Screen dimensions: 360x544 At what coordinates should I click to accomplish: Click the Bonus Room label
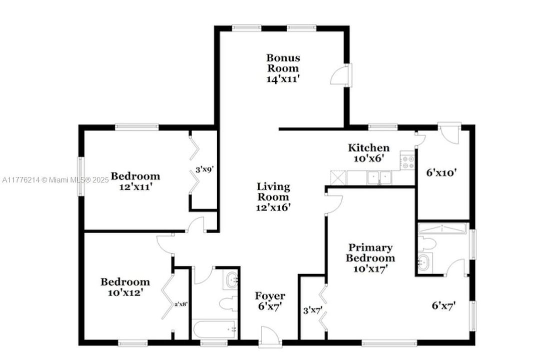[283, 63]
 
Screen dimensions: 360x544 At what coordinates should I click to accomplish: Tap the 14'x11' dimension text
[283, 78]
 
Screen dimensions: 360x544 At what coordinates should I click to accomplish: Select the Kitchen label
[368, 147]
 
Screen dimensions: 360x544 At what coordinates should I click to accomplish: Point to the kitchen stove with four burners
[407, 162]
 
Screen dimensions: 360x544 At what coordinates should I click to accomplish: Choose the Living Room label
[273, 191]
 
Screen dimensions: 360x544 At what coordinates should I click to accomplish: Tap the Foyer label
[270, 296]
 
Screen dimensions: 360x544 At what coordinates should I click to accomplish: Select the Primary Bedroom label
[371, 252]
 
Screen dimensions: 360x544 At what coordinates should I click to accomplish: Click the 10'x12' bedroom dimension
[125, 292]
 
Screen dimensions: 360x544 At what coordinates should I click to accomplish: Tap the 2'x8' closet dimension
[181, 303]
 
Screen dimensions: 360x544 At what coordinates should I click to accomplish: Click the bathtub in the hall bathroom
[214, 329]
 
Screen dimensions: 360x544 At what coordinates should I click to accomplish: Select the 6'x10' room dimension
[440, 173]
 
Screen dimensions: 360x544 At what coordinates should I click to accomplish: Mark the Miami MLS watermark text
[55, 179]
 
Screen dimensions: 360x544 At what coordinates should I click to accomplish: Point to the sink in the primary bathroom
[423, 262]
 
